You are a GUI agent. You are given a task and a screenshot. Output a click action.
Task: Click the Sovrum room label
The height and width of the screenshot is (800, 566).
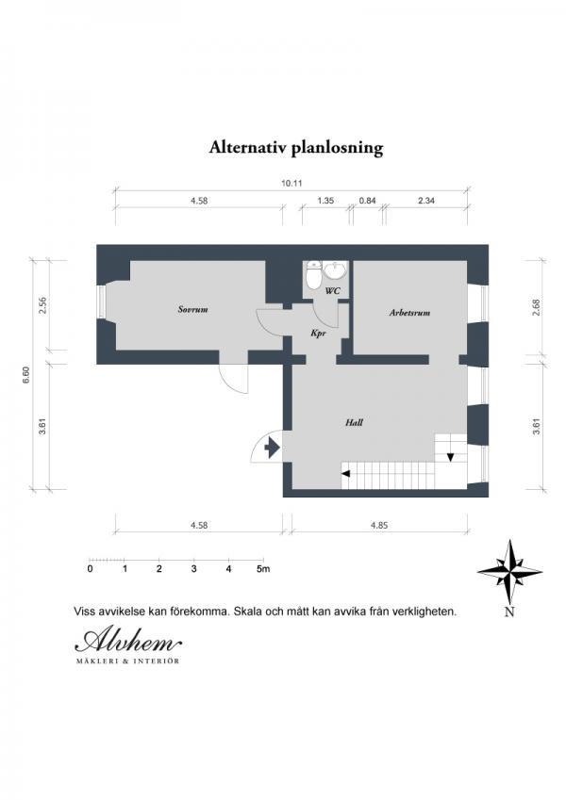tap(192, 309)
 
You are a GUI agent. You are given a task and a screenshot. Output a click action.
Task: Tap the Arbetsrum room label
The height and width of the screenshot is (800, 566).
tap(409, 313)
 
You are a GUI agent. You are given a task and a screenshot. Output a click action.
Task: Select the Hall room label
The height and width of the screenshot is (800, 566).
tap(354, 422)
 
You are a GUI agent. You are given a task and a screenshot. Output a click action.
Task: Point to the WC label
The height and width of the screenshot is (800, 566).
tap(333, 291)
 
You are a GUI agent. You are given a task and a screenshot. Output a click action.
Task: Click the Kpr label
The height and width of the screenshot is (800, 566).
tap(318, 334)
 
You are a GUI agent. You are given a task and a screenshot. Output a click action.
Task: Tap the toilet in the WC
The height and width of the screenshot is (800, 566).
tap(311, 276)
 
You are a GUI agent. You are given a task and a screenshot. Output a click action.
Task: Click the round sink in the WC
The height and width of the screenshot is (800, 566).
tap(335, 269)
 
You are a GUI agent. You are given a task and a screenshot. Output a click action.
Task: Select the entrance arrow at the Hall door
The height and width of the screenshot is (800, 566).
tap(272, 449)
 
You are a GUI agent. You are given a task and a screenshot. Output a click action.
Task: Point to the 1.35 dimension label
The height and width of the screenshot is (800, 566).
tap(325, 201)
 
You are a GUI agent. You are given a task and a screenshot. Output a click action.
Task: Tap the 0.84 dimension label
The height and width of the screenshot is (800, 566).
tap(367, 201)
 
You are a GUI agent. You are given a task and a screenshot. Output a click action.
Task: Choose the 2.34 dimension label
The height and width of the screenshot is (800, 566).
tap(426, 201)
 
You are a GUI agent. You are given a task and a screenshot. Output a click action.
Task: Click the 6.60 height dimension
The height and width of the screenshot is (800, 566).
tap(27, 375)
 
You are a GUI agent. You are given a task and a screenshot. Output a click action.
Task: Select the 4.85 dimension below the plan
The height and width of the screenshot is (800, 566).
tap(379, 525)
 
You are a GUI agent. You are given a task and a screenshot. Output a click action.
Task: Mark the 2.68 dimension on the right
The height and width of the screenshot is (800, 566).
tap(536, 307)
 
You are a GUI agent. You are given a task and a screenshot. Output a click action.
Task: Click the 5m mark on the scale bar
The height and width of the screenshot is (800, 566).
tap(263, 569)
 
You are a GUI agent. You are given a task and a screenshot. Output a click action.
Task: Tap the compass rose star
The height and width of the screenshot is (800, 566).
tap(509, 571)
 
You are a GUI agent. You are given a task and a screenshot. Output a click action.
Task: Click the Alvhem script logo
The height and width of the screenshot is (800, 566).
tap(128, 641)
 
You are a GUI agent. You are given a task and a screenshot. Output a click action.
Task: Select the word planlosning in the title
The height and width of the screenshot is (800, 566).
tap(337, 148)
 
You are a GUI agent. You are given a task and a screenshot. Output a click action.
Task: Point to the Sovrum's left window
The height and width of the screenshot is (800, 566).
tap(101, 302)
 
